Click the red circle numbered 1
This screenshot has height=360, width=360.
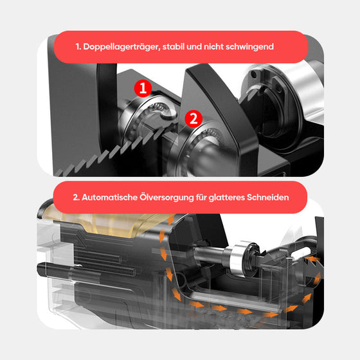tap(145, 87)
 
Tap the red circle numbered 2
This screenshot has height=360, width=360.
tap(193, 118)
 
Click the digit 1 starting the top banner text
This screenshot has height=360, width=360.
tap(77, 47)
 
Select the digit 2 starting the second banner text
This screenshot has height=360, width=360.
tap(76, 197)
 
